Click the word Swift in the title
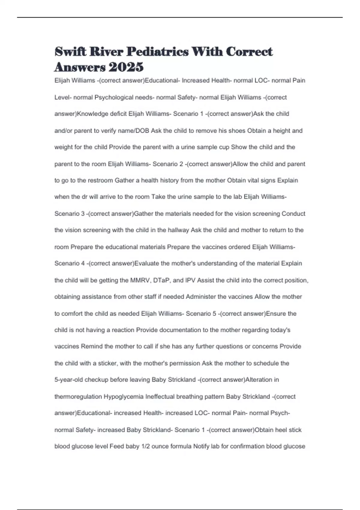click(70, 52)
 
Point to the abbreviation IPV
click(190, 280)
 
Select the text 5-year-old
click(69, 380)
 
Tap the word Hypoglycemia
click(124, 397)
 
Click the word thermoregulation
click(78, 397)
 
